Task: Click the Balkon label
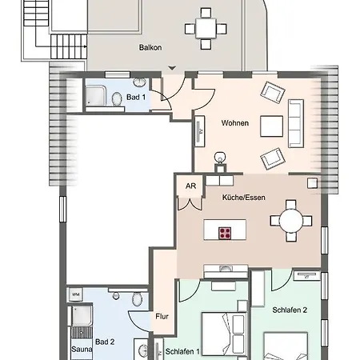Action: pyautogui.click(x=150, y=47)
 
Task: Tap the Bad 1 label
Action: pyautogui.click(x=136, y=97)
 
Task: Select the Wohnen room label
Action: pyautogui.click(x=235, y=123)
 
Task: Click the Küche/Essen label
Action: pyautogui.click(x=244, y=198)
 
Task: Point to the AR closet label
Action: pyautogui.click(x=191, y=186)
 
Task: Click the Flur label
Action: pyautogui.click(x=162, y=317)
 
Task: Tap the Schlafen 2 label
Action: pyautogui.click(x=290, y=310)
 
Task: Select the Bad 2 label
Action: pyautogui.click(x=105, y=342)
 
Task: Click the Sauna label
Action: pyautogui.click(x=82, y=349)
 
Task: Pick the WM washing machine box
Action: pyautogui.click(x=76, y=294)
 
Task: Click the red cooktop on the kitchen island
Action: pyautogui.click(x=225, y=233)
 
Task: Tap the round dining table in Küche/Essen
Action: pyautogui.click(x=291, y=221)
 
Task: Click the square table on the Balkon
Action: pyautogui.click(x=206, y=29)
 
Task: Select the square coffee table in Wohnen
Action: pyautogui.click(x=272, y=126)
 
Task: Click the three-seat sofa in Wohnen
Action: pyautogui.click(x=296, y=123)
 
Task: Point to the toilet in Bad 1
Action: pyautogui.click(x=116, y=99)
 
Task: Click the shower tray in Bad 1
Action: pyautogui.click(x=95, y=96)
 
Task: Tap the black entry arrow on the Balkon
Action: pyautogui.click(x=172, y=68)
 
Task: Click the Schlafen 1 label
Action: pyautogui.click(x=182, y=351)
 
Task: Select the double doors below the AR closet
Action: pyautogui.click(x=190, y=204)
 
